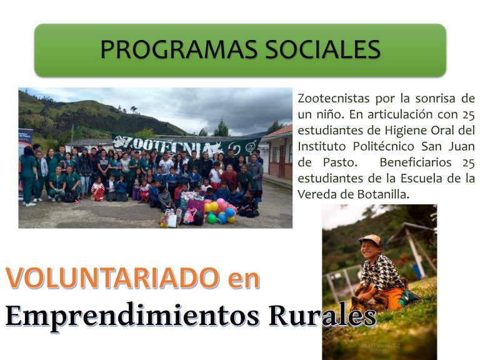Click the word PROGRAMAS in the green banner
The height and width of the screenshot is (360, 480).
(179, 49)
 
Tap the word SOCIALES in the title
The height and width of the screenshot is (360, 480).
(322, 49)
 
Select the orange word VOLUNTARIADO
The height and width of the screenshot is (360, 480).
(112, 278)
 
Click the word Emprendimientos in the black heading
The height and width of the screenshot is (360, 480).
(132, 316)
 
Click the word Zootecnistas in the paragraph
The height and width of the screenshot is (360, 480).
(334, 99)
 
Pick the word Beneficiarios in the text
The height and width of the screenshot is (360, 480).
(416, 162)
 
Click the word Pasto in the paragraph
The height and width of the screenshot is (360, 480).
(340, 162)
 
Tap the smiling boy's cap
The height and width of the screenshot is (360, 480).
(371, 239)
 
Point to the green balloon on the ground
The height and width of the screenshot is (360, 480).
(211, 218)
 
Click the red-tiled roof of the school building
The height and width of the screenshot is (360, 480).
(280, 131)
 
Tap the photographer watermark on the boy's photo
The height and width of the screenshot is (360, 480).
(379, 346)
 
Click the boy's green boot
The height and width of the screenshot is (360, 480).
(409, 296)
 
